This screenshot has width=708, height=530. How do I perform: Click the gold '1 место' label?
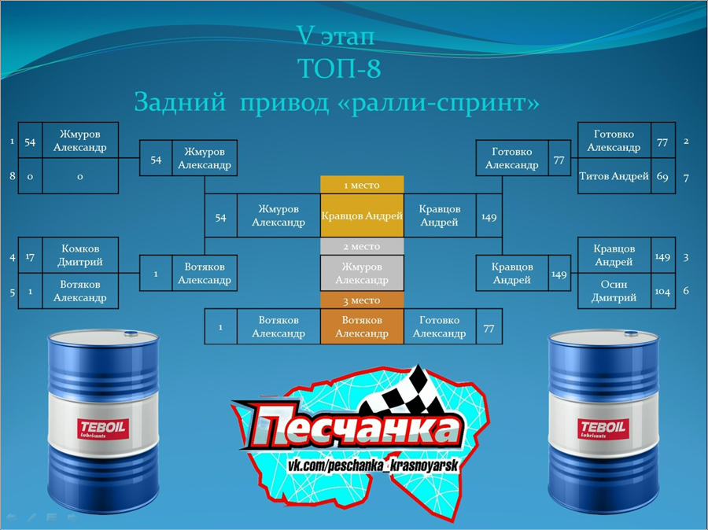(x=362, y=185)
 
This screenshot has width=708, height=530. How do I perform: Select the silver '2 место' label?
(x=362, y=246)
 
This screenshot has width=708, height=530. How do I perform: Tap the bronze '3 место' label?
(x=362, y=300)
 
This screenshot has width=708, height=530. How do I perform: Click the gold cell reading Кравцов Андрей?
(x=362, y=215)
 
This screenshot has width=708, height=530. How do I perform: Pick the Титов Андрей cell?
(x=614, y=176)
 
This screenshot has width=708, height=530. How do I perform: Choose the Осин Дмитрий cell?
(x=614, y=291)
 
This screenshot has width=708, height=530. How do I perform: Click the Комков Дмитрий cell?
(x=80, y=255)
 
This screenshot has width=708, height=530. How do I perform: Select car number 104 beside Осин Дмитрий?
(x=662, y=291)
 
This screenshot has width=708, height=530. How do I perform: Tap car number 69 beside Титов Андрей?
(x=662, y=176)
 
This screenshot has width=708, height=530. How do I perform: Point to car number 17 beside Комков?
(x=30, y=257)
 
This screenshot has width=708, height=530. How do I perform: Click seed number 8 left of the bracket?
(x=12, y=175)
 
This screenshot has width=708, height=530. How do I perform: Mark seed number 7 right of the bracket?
(x=686, y=178)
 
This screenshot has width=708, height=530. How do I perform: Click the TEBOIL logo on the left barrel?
(x=103, y=429)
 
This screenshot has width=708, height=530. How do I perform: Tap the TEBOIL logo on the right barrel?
(x=603, y=428)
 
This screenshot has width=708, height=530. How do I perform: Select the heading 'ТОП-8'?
(x=340, y=68)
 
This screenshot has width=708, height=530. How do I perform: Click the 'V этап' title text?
(x=335, y=35)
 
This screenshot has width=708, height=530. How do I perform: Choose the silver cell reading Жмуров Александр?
(x=362, y=273)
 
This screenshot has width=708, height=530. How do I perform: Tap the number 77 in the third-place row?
(x=489, y=329)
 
